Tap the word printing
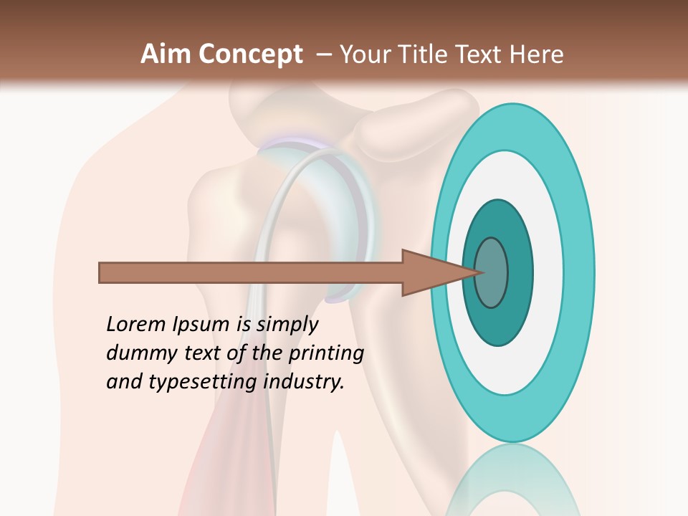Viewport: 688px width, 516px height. [x=326, y=354]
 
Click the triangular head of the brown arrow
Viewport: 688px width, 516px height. [x=430, y=272]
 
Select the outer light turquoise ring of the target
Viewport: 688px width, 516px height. [x=580, y=272]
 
